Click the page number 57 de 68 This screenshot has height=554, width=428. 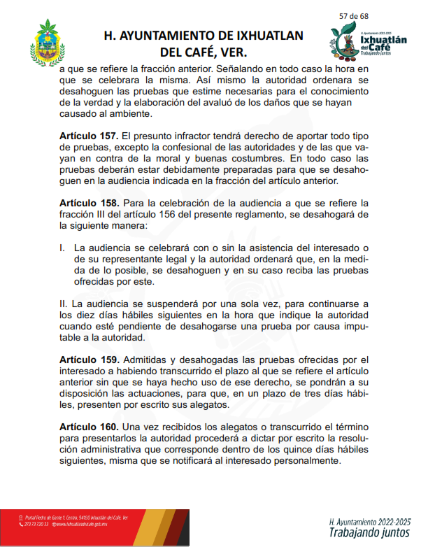click(354, 17)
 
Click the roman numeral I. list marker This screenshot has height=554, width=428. click(62, 248)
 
